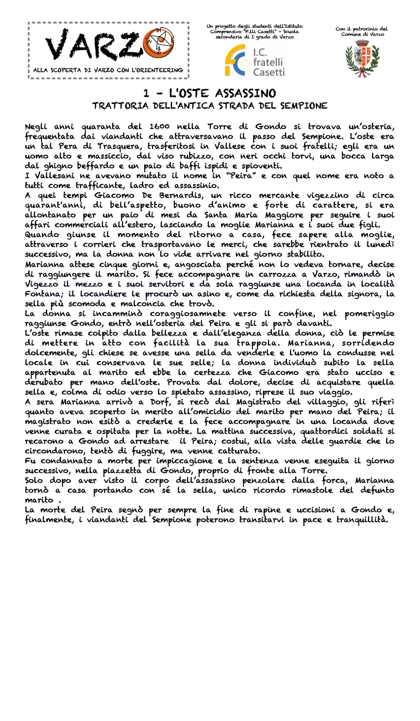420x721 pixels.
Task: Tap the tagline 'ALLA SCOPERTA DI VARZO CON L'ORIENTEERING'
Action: point(108,70)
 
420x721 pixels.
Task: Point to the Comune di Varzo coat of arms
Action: point(362,58)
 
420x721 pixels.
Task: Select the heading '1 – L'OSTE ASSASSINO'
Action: point(210,93)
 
